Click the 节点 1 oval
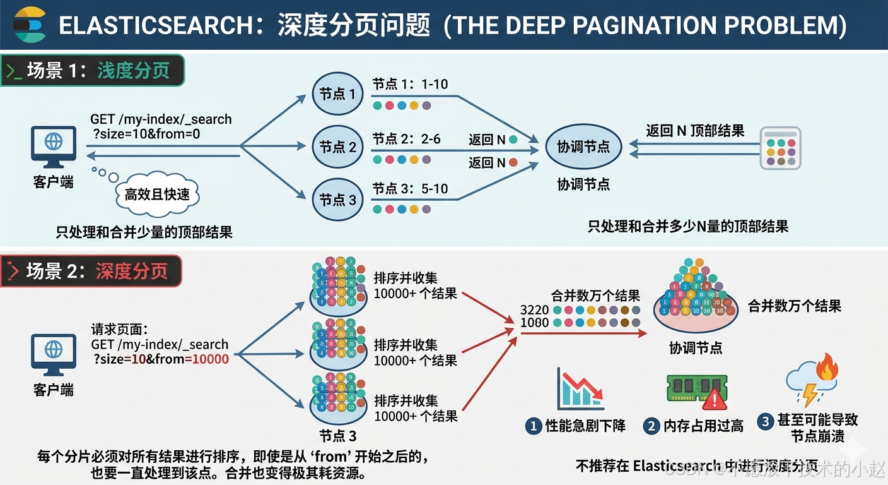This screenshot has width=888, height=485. [337, 94]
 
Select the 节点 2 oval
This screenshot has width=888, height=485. [337, 147]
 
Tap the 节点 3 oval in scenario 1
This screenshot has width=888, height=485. [337, 200]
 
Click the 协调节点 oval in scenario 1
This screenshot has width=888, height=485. [583, 147]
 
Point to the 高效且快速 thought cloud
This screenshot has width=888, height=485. [157, 194]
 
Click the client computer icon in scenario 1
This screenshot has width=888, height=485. [53, 145]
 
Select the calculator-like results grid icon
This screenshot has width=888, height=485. [780, 148]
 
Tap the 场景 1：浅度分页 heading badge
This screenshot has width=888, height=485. [92, 71]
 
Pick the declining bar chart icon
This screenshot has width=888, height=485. [579, 390]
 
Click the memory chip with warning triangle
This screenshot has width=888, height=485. [698, 390]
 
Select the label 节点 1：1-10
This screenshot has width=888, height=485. [410, 85]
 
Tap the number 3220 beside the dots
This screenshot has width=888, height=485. [534, 310]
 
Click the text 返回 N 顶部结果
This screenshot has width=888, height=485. [694, 131]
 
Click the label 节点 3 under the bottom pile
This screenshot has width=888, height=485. [337, 436]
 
